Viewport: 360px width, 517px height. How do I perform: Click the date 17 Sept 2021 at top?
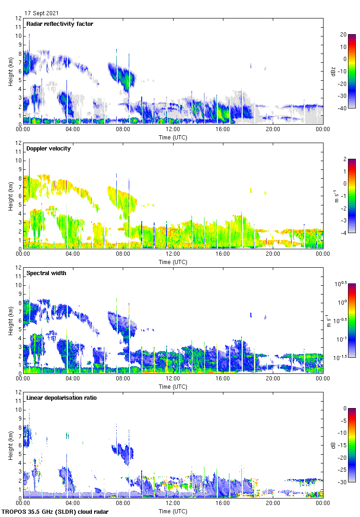click(x=42, y=13)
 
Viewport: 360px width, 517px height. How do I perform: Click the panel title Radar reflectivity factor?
click(x=60, y=24)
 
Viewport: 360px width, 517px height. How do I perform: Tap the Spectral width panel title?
click(x=46, y=273)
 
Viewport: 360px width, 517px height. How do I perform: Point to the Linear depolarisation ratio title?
click(x=61, y=398)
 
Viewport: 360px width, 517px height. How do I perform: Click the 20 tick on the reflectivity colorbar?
click(x=343, y=35)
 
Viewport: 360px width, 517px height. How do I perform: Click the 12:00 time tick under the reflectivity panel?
click(x=173, y=130)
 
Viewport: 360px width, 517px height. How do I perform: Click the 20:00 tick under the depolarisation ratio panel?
click(x=273, y=504)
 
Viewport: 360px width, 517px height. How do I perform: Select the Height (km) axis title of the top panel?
click(x=10, y=71)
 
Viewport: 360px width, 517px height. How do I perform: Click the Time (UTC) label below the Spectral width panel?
click(x=173, y=386)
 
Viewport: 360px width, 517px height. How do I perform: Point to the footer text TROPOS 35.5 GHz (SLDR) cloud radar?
click(x=55, y=511)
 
